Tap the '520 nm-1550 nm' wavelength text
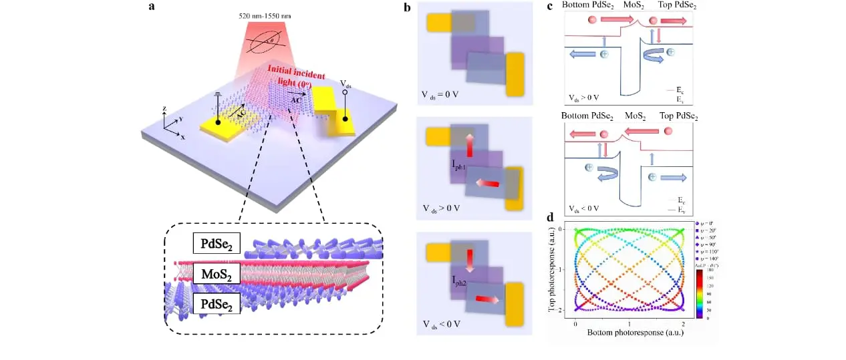[269, 16]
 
